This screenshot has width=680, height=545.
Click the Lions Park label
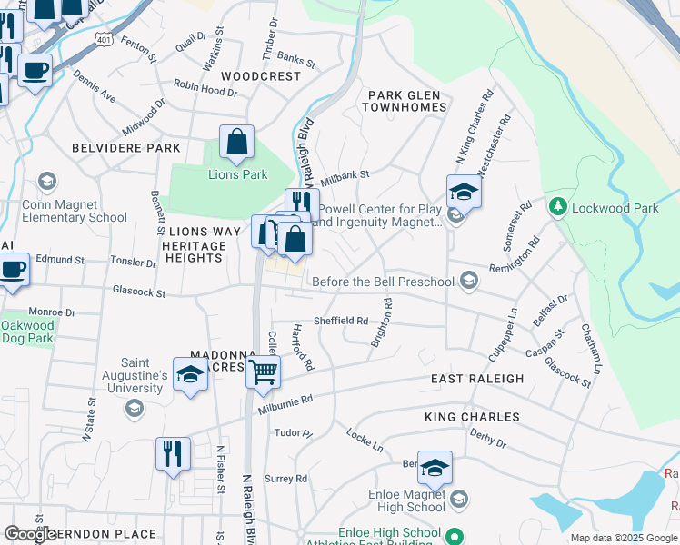coord(238,174)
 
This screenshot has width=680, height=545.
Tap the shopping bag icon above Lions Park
coord(236,143)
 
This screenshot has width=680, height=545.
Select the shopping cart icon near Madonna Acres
coord(263,372)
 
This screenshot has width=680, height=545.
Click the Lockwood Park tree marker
coord(557,206)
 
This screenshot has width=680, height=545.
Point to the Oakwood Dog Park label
coord(27,332)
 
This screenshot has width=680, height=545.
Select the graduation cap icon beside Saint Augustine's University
coord(190,375)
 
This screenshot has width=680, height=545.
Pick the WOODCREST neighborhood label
coord(261,76)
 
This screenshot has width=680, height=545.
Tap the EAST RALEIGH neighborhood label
coord(477,379)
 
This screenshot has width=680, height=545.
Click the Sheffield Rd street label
coord(340,321)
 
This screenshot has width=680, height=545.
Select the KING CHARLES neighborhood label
coord(472,417)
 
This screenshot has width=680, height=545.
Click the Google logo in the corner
coord(30,533)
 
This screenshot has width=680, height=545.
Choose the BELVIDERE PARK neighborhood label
coord(125,147)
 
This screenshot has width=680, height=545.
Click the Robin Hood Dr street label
coord(205,92)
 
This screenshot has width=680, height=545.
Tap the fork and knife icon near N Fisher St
coord(173,453)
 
